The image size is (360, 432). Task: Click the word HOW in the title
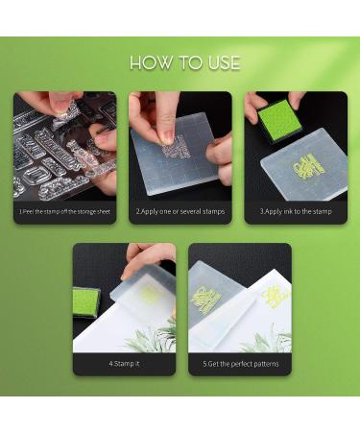(x=150, y=63)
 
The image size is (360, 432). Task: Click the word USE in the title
(x=221, y=63)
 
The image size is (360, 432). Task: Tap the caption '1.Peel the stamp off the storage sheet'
(x=64, y=210)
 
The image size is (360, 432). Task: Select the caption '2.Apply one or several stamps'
(x=180, y=210)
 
